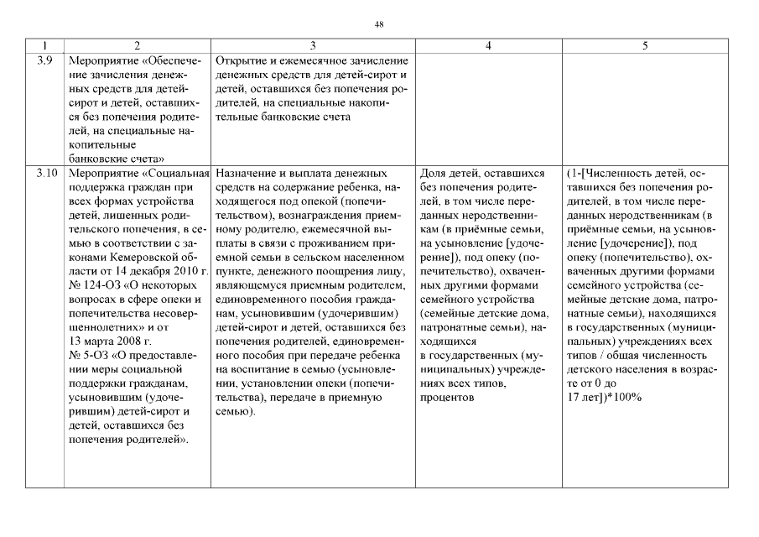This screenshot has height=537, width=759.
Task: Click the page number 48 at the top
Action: (x=379, y=24)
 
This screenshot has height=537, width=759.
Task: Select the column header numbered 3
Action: (x=313, y=46)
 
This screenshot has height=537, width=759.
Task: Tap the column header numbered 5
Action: (x=644, y=46)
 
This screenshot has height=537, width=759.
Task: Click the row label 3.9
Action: (x=45, y=61)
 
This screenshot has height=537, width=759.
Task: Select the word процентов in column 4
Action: (x=450, y=397)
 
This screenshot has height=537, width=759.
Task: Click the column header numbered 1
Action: (x=45, y=46)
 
